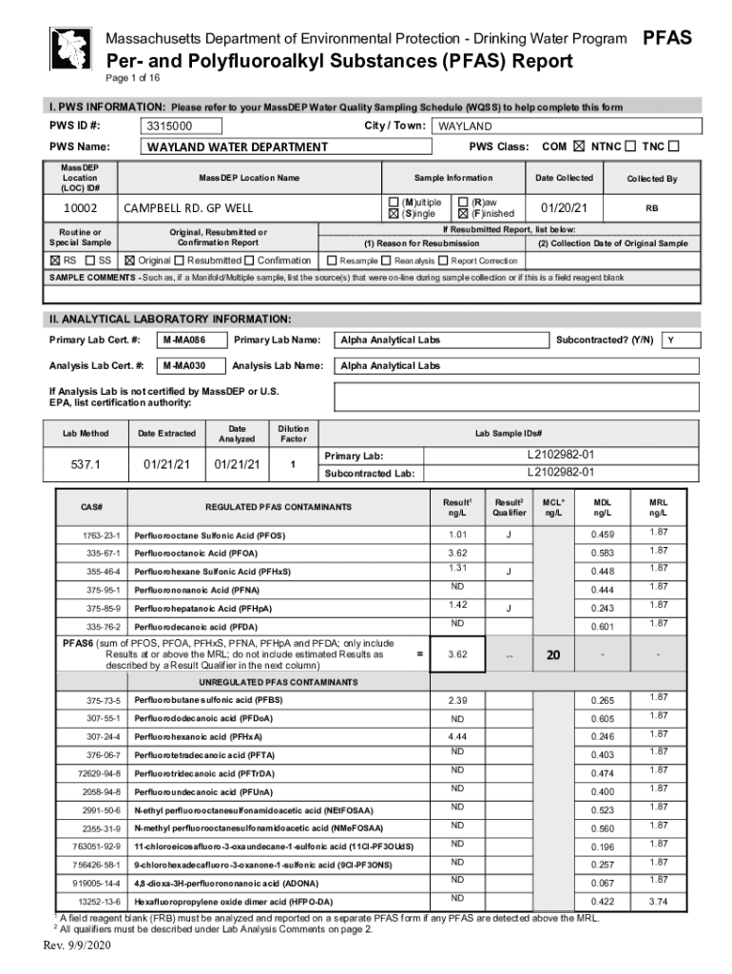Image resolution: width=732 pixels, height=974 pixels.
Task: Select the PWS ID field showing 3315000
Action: [182, 127]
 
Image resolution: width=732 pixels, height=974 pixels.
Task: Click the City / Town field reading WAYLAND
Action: [566, 127]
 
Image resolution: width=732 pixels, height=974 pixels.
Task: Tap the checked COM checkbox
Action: [579, 146]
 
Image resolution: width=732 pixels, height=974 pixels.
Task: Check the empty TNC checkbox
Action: [674, 146]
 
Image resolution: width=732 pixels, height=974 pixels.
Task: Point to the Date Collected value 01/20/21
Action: [565, 207]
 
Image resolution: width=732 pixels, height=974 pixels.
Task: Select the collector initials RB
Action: [652, 207]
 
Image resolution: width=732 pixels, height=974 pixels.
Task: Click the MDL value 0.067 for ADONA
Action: [603, 884]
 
